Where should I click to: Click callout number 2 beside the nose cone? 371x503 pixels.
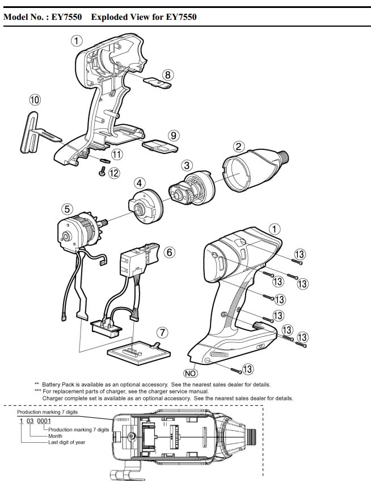(x=239, y=146)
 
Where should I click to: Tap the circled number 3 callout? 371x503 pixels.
(x=187, y=165)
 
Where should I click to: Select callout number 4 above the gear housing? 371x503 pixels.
(x=138, y=183)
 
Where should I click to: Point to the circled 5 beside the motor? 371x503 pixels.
(x=67, y=209)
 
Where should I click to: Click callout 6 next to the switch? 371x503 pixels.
(x=168, y=251)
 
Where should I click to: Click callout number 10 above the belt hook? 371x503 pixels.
(x=35, y=100)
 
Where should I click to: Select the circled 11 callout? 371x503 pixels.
(x=116, y=154)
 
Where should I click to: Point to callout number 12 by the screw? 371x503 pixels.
(x=114, y=173)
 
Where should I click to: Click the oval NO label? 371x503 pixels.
(x=190, y=373)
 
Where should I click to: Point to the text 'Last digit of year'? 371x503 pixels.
(x=66, y=442)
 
